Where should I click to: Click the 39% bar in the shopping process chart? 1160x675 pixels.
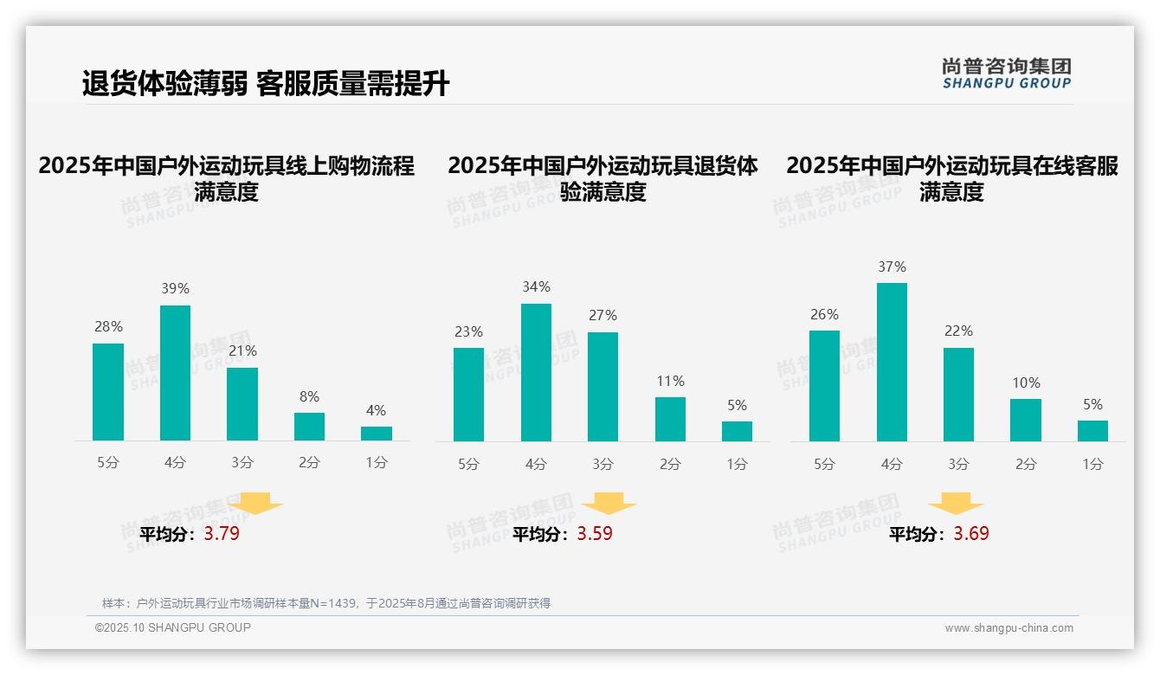175,373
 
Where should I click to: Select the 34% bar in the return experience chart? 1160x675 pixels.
536,372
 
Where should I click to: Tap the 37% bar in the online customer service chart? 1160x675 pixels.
892,362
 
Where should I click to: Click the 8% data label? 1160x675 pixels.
309,396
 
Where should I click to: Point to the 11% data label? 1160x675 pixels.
670,381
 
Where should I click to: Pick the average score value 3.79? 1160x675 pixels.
222,534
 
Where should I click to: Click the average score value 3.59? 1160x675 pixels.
595,534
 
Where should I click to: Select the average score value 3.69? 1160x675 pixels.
971,534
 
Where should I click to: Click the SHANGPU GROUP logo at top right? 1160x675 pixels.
1006,74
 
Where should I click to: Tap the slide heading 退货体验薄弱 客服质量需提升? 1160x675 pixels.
266,84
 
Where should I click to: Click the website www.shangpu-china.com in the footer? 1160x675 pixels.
1009,628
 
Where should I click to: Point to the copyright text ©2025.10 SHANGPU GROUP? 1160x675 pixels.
173,627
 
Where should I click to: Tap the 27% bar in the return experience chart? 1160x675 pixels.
603,387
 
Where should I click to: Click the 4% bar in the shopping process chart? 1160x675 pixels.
377,434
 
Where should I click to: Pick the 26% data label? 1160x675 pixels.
824,314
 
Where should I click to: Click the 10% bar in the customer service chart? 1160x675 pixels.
1026,420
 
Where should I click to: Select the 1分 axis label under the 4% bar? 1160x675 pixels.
377,463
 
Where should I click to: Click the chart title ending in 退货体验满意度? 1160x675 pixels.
603,178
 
